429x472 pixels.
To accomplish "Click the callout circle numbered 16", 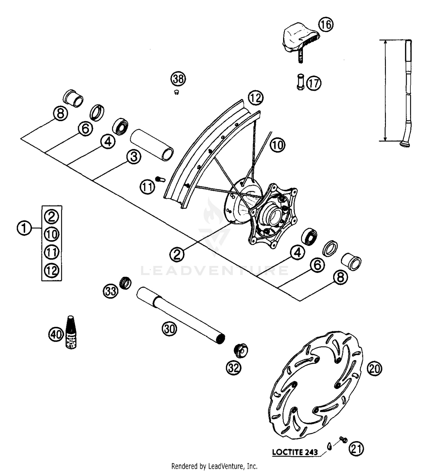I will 326,25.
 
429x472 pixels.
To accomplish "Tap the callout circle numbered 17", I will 314,83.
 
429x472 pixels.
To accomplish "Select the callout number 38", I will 178,79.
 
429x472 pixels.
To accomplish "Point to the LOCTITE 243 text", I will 295,452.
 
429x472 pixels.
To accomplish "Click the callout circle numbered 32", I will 234,368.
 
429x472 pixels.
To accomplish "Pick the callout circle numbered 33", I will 111,291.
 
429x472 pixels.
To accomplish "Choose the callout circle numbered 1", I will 24,229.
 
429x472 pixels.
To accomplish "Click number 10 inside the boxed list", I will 52,234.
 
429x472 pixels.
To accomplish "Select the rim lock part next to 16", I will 300,41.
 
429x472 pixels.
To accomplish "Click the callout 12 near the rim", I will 255,98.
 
